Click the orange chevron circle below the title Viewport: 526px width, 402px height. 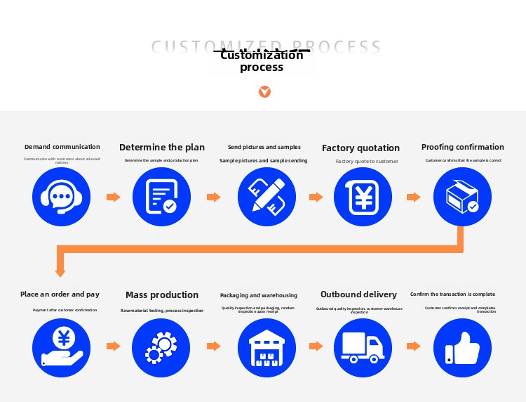coord(264,92)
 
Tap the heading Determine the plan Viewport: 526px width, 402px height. coord(162,148)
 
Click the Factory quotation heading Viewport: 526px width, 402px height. coord(360,148)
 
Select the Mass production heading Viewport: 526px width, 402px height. coord(162,295)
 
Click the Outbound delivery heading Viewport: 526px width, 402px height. coord(358,294)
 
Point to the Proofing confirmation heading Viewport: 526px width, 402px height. coord(462,147)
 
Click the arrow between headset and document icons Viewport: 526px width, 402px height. coord(113,197)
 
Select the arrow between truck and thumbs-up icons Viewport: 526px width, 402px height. coord(413,346)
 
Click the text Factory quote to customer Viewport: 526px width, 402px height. coord(367,162)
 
